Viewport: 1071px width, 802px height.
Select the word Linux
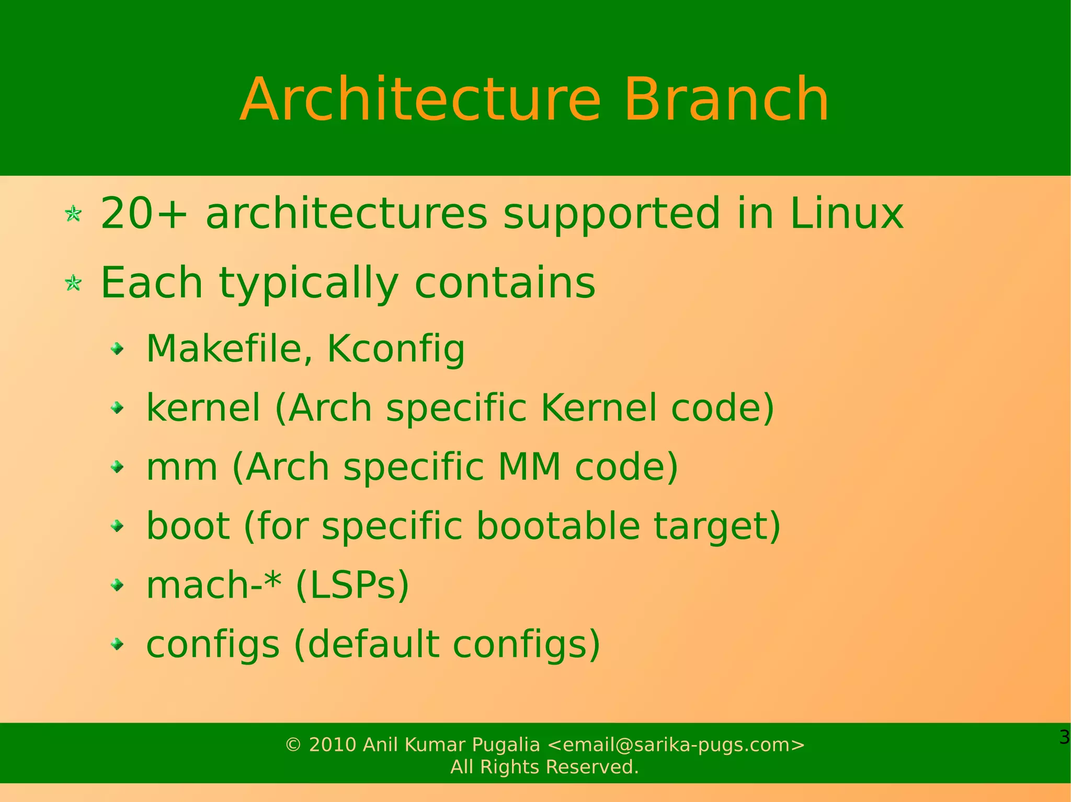[846, 213]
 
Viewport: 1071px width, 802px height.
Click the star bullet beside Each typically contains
[73, 283]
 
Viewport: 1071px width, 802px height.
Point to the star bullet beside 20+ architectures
[73, 214]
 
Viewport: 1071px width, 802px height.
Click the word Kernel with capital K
[598, 408]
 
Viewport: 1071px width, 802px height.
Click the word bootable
[558, 526]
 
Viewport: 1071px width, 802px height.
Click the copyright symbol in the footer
[293, 745]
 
